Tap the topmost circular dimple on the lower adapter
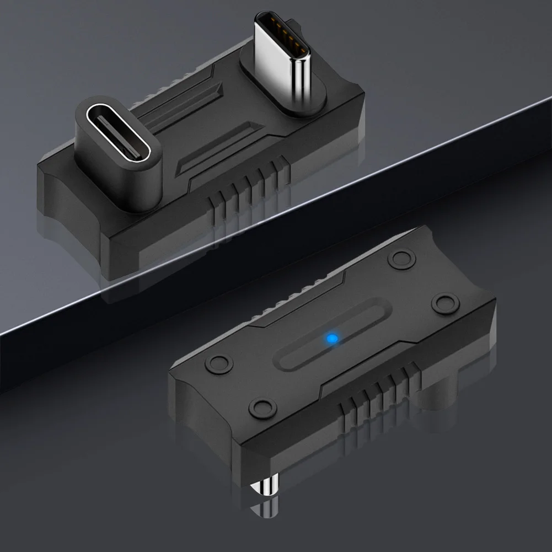click(401, 258)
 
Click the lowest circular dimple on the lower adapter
click(261, 408)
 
